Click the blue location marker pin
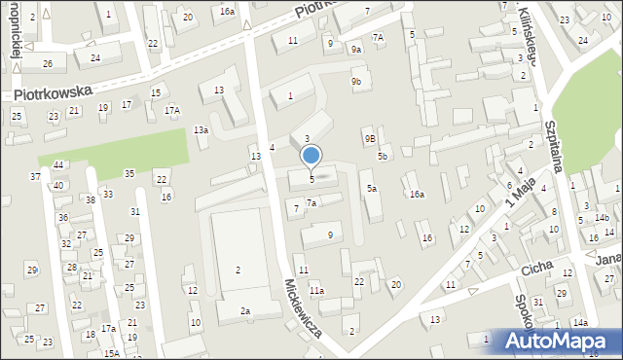pos(311,156)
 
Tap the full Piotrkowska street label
pos(54,93)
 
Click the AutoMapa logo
pos(557,342)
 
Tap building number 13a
pos(201,130)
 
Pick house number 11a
pos(316,290)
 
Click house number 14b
pos(602,217)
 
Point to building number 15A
pos(113,353)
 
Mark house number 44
pos(58,165)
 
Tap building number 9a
pos(356,50)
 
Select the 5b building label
pos(383,156)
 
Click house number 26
pos(47,64)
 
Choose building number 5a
pos(372,188)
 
